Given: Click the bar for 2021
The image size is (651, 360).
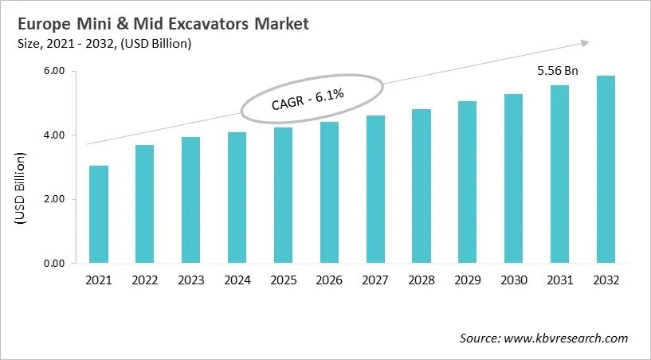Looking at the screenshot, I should [x=99, y=214].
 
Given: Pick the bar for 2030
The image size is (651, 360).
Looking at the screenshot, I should [x=514, y=178].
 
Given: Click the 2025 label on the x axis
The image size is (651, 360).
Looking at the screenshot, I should [x=283, y=280].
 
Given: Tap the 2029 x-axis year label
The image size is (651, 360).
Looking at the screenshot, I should [x=468, y=280].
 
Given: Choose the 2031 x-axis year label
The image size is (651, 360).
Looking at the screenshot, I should [x=559, y=280].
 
